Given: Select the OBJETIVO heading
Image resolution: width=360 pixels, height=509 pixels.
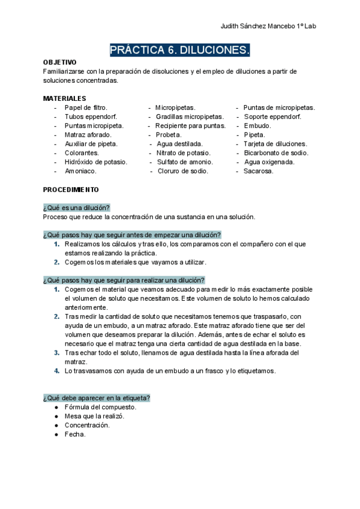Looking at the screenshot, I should [59, 62].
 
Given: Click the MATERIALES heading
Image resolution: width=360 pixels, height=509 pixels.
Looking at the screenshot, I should [64, 98].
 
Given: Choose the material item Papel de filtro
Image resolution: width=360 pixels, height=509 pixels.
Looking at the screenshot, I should [86, 107].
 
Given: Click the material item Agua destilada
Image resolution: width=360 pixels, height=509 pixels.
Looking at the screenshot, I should [179, 144].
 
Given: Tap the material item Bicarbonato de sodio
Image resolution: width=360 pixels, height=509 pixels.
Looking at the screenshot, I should [276, 153].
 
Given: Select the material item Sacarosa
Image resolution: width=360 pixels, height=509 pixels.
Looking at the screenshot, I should [259, 171].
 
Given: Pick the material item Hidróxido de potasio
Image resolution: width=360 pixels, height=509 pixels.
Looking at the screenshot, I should [95, 162].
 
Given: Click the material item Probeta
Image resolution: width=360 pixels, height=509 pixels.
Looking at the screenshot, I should [169, 135].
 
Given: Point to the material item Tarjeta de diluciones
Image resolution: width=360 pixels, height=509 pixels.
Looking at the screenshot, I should [275, 144].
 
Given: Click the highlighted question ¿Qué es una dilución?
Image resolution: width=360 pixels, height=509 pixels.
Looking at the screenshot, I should [76, 207].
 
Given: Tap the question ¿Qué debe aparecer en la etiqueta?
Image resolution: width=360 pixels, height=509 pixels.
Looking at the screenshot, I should [97, 398].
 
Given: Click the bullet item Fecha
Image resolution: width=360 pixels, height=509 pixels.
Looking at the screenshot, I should [75, 434].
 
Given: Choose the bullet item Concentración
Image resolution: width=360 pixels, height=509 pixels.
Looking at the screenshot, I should [87, 425].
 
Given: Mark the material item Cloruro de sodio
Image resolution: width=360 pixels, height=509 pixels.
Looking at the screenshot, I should [183, 171].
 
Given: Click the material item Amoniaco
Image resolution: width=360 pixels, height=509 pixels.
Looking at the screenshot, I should [80, 171].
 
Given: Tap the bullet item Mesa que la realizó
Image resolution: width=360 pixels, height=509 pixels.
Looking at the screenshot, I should [94, 416].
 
